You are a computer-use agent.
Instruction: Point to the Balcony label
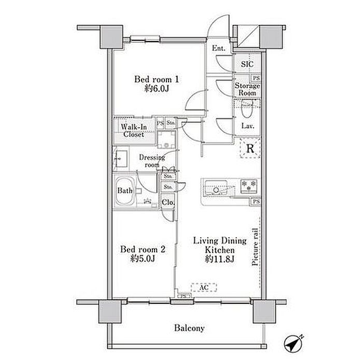(189, 328)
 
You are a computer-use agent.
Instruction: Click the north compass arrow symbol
(294, 343)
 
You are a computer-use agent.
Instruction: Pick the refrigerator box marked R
(249, 149)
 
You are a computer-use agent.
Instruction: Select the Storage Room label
(247, 89)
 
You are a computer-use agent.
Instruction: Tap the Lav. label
(247, 126)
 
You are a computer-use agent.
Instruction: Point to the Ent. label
(218, 48)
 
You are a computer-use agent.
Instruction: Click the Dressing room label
(151, 161)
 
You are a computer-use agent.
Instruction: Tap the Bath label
(124, 191)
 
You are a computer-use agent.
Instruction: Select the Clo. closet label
(167, 203)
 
